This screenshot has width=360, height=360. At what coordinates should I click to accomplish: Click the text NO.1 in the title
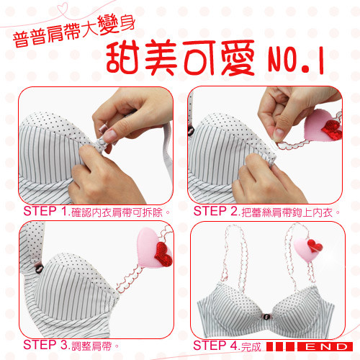[x=296, y=60]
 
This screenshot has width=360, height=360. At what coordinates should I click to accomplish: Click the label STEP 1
[x=46, y=211]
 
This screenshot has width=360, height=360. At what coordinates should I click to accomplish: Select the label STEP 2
[x=215, y=211]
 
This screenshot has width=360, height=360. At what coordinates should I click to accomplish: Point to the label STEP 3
[x=46, y=345]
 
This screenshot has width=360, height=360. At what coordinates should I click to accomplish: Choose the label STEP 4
[x=215, y=346]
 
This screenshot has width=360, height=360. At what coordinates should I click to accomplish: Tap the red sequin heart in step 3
[x=163, y=254]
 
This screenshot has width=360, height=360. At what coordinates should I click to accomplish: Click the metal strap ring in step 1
[x=104, y=128]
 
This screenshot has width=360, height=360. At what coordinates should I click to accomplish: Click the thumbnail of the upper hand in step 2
[x=279, y=132]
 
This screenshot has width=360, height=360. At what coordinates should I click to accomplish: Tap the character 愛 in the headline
[x=238, y=58]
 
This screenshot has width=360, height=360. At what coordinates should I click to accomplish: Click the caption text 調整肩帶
[x=91, y=346]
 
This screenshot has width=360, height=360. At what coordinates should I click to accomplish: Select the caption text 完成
[x=251, y=346]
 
